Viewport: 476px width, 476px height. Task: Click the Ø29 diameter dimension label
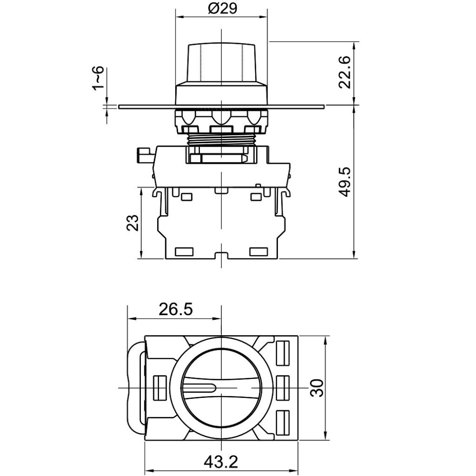(222, 8)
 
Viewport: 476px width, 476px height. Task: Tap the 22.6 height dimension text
(345, 72)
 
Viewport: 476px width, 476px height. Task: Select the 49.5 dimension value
(345, 182)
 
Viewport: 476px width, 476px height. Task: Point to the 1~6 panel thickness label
(98, 78)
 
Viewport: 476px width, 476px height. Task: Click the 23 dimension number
(132, 223)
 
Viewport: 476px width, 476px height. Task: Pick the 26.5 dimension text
(176, 309)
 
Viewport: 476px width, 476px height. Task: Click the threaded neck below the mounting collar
(222, 140)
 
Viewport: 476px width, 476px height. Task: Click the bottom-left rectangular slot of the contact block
(185, 251)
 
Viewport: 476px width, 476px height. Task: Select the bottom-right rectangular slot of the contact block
(258, 251)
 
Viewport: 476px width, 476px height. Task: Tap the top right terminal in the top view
(282, 353)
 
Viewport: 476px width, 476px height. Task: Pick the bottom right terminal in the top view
(282, 422)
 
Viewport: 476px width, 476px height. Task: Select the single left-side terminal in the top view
(160, 387)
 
